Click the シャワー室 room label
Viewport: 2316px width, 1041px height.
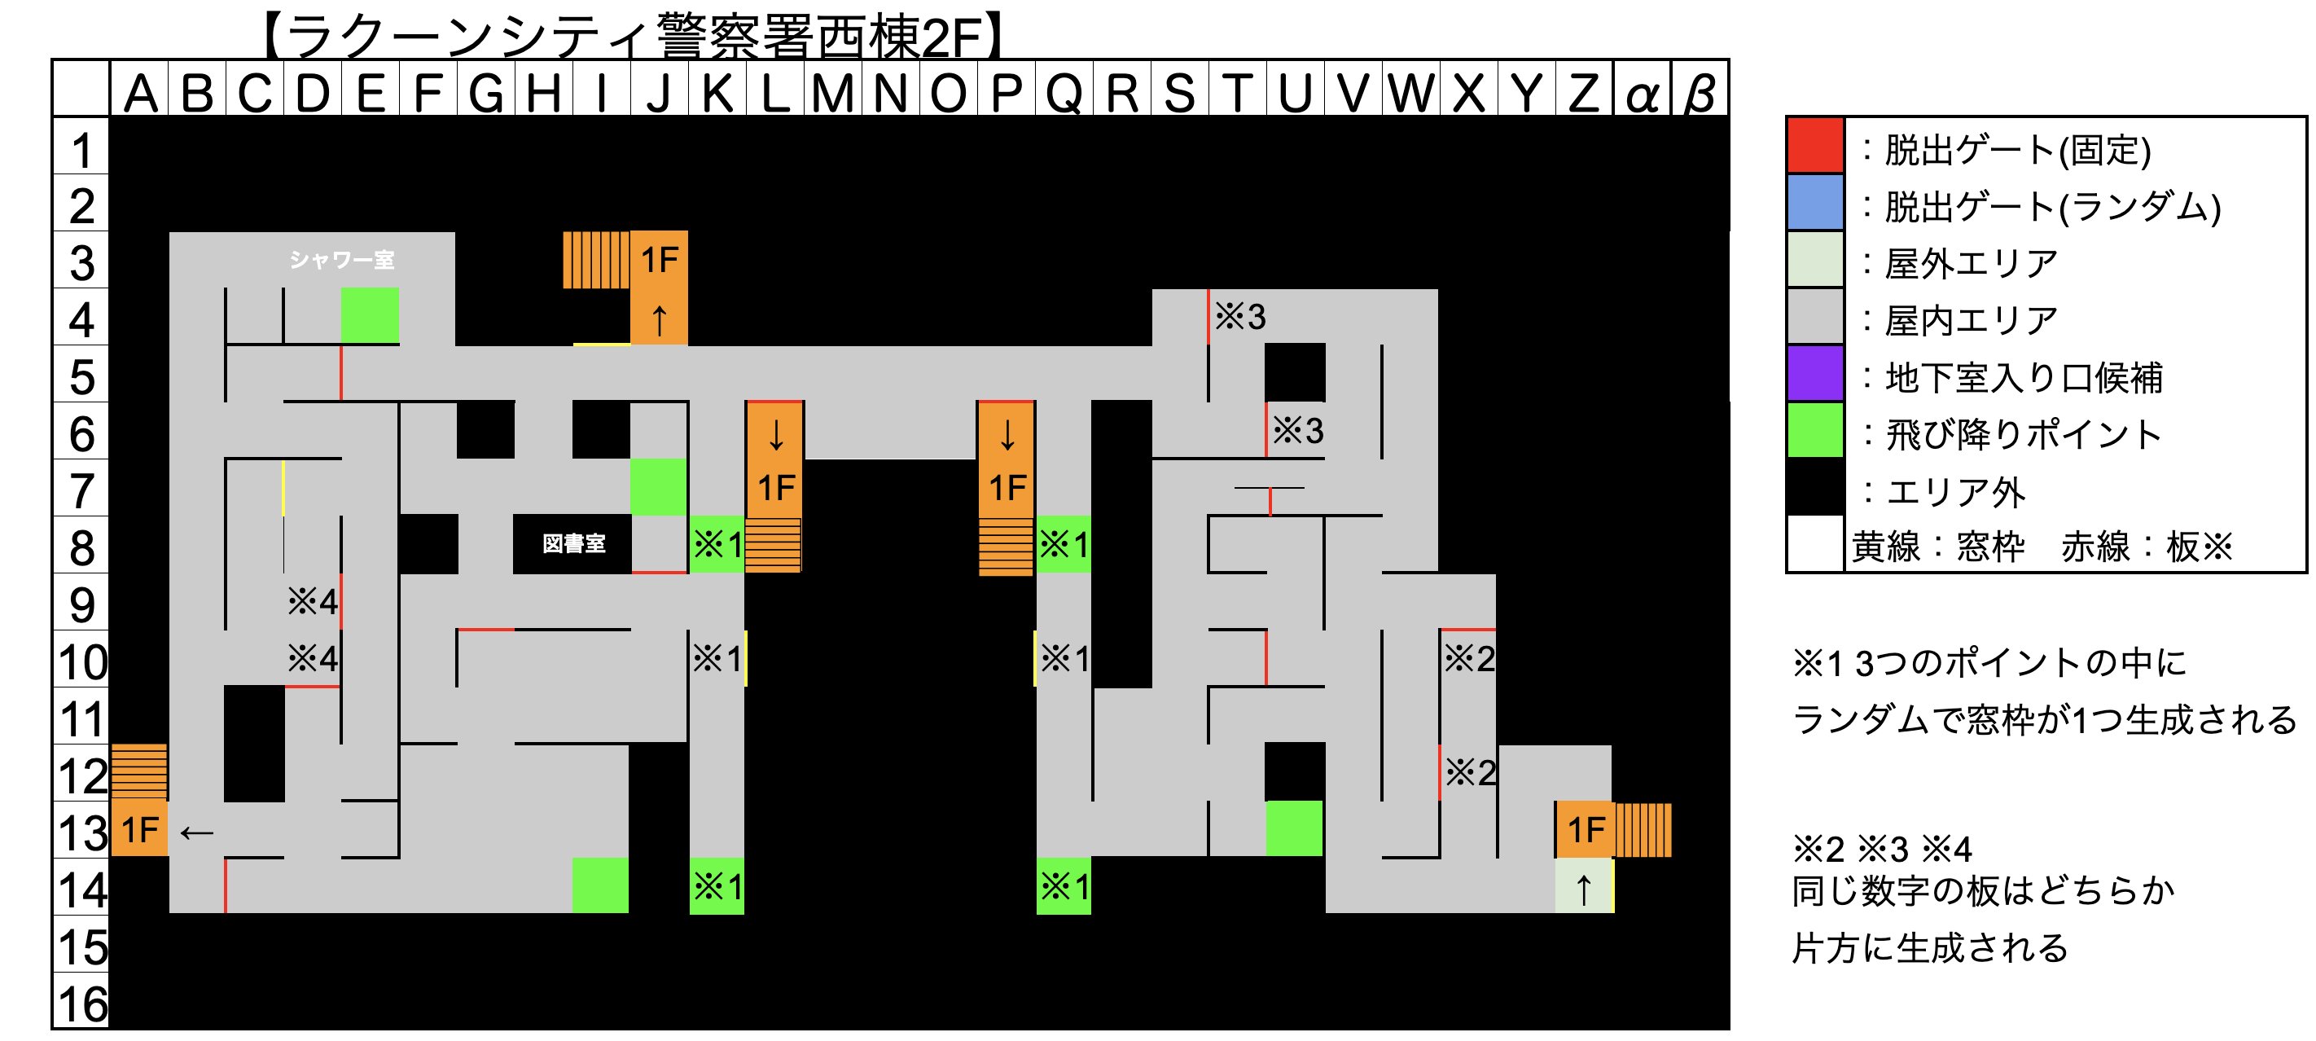(x=342, y=260)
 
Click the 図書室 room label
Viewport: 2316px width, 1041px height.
(x=573, y=543)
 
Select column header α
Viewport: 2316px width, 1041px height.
(x=1642, y=93)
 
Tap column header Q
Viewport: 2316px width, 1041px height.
(x=1064, y=93)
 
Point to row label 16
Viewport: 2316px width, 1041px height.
(x=81, y=1004)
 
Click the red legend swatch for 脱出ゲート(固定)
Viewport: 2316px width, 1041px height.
(x=1814, y=146)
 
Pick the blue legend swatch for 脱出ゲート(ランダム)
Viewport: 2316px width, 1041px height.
(x=1814, y=203)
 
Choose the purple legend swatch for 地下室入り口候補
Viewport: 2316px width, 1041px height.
(x=1814, y=374)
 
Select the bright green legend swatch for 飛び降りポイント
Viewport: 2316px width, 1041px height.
(x=1814, y=431)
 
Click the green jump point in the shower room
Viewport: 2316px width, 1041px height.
(x=370, y=315)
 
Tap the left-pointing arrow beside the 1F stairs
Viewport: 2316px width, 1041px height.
(x=196, y=832)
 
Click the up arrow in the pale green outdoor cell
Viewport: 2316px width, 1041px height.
(x=1583, y=888)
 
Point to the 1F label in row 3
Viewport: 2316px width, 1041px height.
(x=659, y=260)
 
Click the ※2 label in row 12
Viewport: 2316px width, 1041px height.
(x=1470, y=772)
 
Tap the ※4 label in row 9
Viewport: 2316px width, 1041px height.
(x=312, y=601)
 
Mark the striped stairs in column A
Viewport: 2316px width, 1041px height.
(x=138, y=771)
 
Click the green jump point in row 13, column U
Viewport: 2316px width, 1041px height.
(x=1294, y=828)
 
